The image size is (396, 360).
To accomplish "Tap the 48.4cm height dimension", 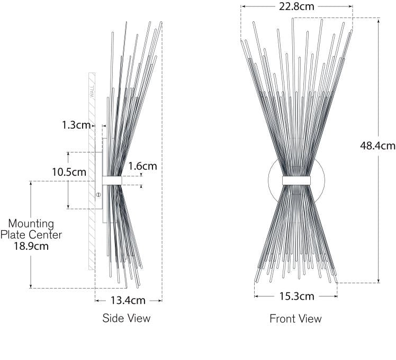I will click(378, 146).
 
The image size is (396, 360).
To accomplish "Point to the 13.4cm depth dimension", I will click(128, 301).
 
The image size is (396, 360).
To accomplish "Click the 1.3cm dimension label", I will click(76, 125).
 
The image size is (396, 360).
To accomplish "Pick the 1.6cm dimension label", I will click(142, 166).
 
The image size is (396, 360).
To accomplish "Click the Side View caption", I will click(126, 318).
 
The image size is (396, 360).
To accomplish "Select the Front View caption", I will click(295, 319).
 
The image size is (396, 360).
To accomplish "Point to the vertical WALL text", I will click(91, 93).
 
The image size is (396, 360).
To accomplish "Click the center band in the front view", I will click(296, 180).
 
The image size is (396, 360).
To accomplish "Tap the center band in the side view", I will click(112, 181).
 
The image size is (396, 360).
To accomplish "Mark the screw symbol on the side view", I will click(98, 195).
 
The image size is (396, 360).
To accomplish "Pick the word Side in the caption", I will click(113, 318).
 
